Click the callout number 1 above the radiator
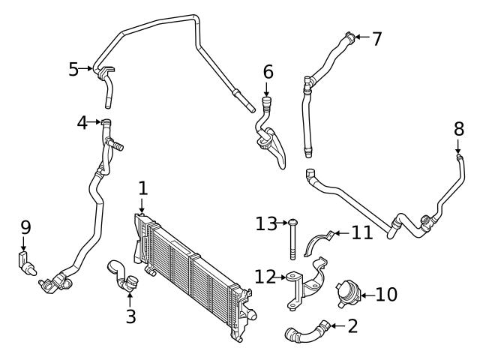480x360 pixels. coord(142,187)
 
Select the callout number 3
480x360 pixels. coord(130,316)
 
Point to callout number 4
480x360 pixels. coord(82,121)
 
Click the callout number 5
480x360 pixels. coord(73,69)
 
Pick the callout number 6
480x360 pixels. coord(268,73)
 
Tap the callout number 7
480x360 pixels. coord(376,37)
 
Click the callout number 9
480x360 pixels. coord(25,226)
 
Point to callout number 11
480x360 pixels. coord(362,233)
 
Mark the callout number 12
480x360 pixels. coord(265,277)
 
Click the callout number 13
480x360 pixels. coord(266,223)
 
